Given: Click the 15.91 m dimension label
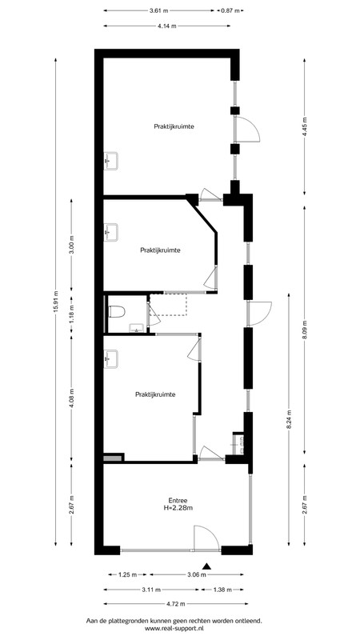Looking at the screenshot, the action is click(55, 302).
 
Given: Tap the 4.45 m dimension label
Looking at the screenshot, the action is click(305, 128).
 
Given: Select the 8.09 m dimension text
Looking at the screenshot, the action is click(305, 330).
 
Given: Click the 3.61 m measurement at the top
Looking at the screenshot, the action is click(159, 10).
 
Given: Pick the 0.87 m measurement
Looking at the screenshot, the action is click(230, 10).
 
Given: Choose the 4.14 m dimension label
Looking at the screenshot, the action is click(167, 26).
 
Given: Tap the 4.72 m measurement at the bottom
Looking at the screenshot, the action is click(175, 604).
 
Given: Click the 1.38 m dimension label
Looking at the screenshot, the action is click(222, 590).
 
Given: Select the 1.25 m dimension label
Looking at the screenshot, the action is click(127, 574).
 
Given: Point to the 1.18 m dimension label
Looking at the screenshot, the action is click(71, 314).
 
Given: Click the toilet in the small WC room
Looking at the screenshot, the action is click(117, 313).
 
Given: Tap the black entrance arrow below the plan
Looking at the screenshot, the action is click(207, 566).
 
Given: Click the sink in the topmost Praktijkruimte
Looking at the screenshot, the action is click(110, 161).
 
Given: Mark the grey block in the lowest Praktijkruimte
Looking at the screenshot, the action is click(113, 458).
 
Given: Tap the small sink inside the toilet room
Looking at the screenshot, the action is click(136, 328).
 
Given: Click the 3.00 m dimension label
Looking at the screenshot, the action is click(71, 245).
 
